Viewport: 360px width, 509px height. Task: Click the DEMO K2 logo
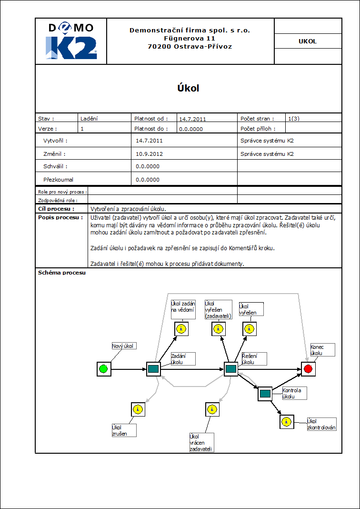71,41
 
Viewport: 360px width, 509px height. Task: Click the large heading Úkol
188,88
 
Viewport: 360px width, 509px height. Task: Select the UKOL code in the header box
308,41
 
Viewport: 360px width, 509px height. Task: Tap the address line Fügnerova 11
190,38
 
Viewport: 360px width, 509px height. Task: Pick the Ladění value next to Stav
89,119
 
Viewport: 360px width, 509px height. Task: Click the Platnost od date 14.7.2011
193,119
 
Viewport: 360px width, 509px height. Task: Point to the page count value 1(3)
294,118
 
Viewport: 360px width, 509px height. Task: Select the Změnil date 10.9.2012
149,154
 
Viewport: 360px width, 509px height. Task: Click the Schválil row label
55,166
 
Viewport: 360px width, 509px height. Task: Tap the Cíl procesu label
56,209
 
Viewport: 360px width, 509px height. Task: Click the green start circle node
103,369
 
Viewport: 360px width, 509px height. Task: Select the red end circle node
308,369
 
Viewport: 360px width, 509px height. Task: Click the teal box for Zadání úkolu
153,369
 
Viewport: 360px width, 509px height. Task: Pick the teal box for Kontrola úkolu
265,394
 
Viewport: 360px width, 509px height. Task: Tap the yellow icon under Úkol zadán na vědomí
181,328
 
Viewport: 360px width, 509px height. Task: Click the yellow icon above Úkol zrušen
137,409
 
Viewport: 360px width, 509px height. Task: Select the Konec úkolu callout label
322,350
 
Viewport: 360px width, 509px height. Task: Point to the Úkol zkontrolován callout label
321,424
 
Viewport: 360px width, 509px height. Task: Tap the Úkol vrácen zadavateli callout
201,442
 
